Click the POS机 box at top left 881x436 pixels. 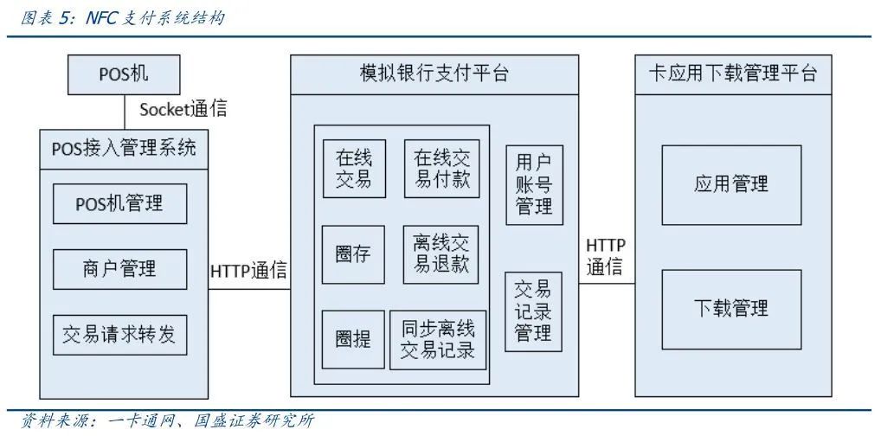point(124,74)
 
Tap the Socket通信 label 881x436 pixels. point(183,110)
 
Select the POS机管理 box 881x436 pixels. point(119,205)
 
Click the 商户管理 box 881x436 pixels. point(119,269)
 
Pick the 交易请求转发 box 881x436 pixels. point(119,335)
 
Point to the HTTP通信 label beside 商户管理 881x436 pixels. point(248,271)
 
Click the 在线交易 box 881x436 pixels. point(354,168)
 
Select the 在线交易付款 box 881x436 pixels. point(441,168)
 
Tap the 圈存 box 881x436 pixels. point(353,254)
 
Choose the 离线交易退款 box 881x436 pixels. point(440,254)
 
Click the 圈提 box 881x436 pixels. point(353,340)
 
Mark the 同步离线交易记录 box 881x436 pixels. point(438,340)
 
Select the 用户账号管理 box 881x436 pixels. point(534,184)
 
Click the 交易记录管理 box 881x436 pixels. point(534,311)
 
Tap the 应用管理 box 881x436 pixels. point(731,184)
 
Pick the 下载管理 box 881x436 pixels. point(731,308)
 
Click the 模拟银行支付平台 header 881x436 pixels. point(434,74)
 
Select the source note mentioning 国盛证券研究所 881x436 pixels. point(161,422)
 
